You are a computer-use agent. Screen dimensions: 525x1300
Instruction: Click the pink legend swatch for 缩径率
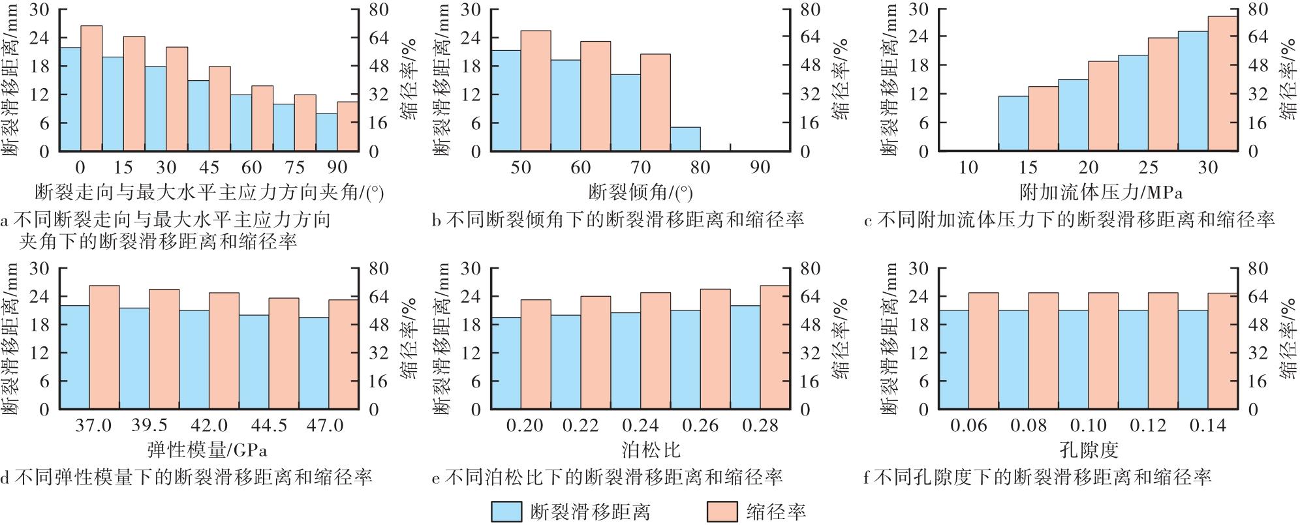(722, 511)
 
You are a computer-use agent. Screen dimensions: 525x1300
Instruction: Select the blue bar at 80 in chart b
(685, 139)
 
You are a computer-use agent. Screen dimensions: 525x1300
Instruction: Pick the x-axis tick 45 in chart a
(209, 168)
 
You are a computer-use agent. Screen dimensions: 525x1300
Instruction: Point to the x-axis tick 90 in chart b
(760, 168)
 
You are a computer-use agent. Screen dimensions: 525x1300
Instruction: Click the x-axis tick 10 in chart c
(968, 168)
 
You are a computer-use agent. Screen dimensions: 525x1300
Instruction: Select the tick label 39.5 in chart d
(149, 426)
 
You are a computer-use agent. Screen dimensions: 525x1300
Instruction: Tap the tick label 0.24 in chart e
(640, 426)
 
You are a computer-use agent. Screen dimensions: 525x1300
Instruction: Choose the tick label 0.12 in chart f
(1148, 426)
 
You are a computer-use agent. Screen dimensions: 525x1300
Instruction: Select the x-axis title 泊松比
(641, 450)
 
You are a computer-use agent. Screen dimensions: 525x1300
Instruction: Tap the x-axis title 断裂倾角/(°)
(640, 192)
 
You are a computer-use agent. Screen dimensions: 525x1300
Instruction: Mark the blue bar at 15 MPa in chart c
(1013, 123)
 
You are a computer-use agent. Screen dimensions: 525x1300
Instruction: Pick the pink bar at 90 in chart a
(348, 127)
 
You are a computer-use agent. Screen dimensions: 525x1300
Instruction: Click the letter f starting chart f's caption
(866, 478)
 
